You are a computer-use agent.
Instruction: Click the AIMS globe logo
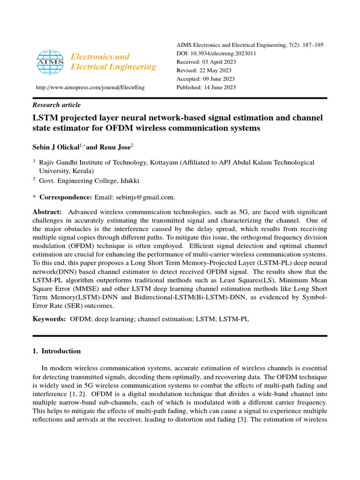(x=50, y=62)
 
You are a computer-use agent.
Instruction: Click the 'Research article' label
(x=56, y=105)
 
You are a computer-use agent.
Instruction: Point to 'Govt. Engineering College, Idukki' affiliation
(x=89, y=180)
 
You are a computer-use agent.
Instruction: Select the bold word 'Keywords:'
(x=49, y=319)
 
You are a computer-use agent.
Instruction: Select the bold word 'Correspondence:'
(x=66, y=197)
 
